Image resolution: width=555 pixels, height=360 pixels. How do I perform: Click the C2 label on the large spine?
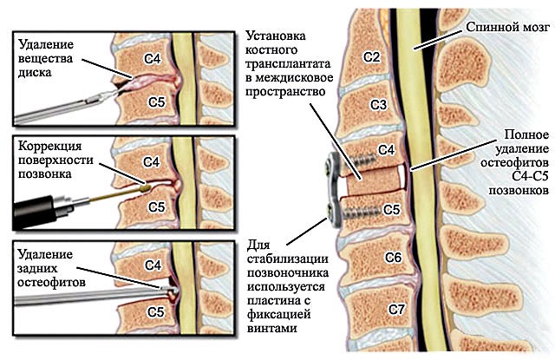[x=372, y=56]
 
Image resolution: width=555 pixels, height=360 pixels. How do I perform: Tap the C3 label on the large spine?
[x=379, y=105]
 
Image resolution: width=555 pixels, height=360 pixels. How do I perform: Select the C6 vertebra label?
[x=392, y=258]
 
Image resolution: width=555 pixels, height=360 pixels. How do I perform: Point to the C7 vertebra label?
[x=396, y=309]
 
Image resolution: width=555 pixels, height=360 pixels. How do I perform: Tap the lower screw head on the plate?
[x=332, y=209]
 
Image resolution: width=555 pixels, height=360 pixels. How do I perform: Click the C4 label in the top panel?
[x=153, y=59]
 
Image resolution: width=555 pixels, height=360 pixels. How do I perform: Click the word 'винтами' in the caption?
[x=271, y=329]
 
